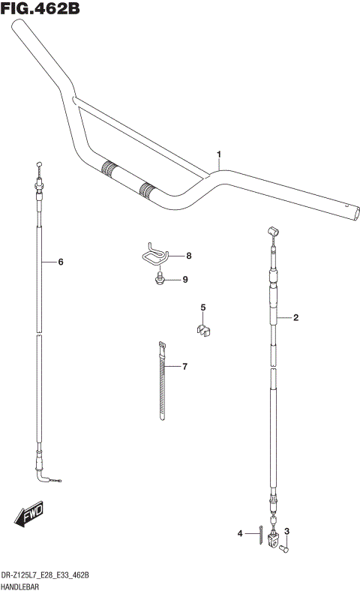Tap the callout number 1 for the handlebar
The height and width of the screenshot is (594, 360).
click(x=219, y=155)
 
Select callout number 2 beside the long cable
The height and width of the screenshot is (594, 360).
click(x=295, y=318)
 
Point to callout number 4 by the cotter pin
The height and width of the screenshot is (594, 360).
click(x=241, y=533)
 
